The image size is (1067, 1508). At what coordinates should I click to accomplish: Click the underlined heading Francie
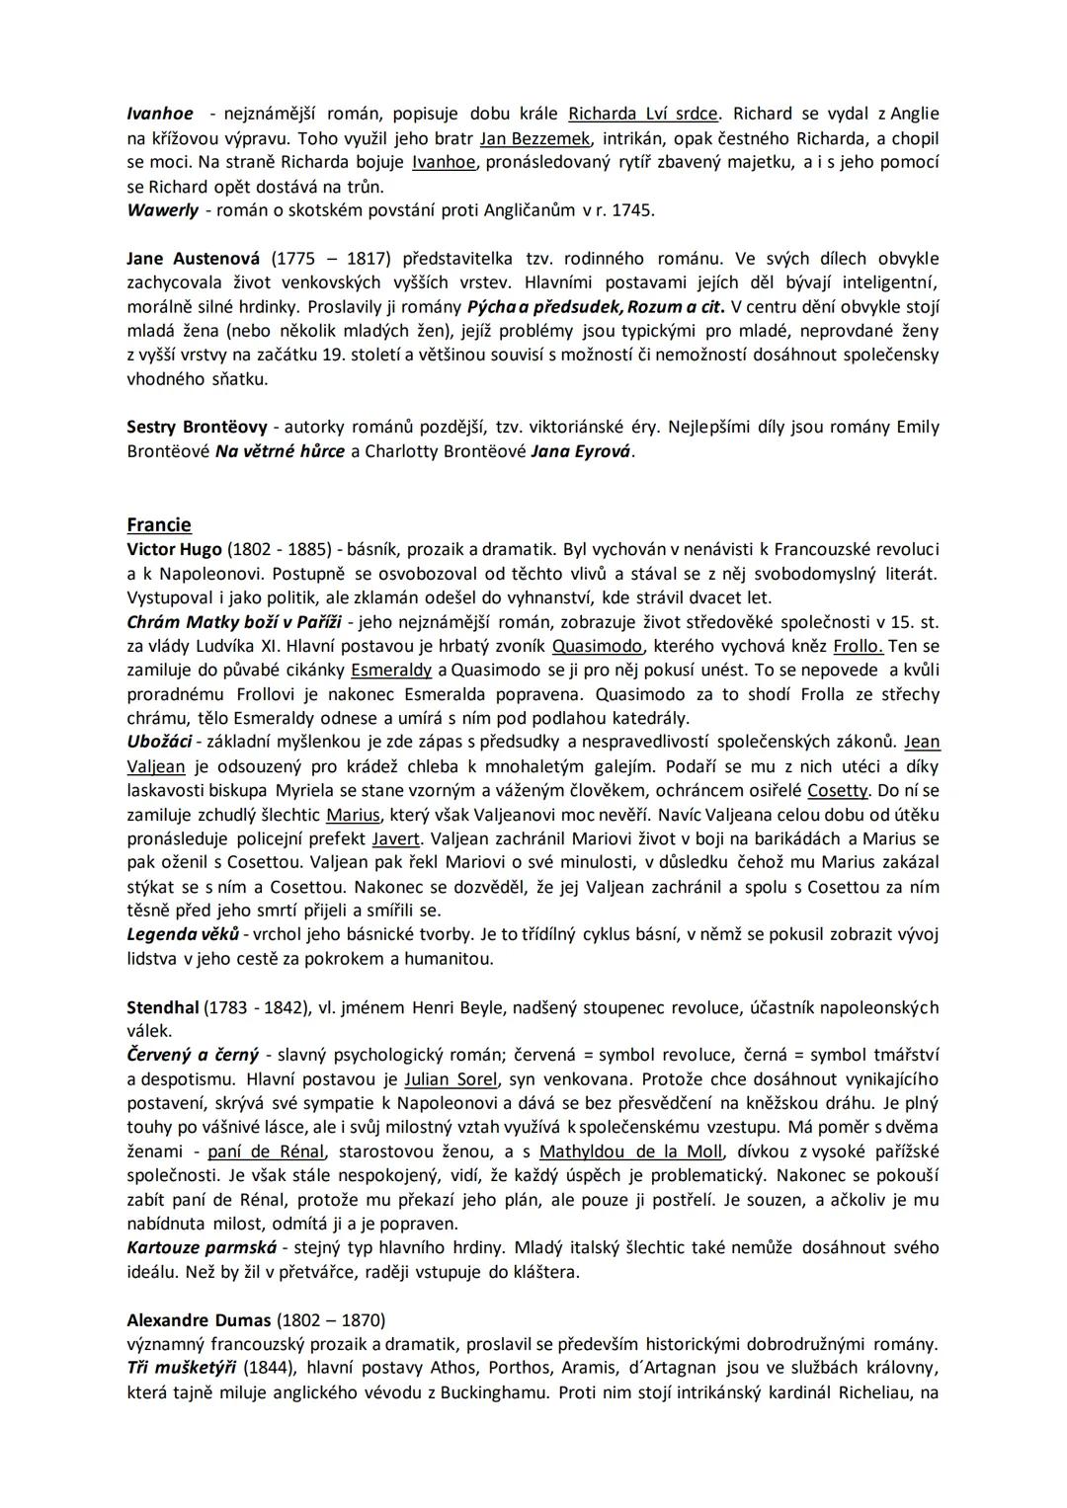point(159,524)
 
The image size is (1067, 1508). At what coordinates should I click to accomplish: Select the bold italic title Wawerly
point(162,210)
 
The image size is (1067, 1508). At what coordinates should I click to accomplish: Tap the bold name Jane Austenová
point(194,259)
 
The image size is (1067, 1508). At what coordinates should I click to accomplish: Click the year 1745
point(632,210)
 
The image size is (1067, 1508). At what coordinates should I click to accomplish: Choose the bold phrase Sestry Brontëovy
point(197,428)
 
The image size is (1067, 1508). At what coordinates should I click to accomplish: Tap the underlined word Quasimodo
point(598,646)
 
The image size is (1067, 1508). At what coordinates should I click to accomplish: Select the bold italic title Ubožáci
point(159,742)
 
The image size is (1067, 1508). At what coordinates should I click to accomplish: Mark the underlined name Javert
point(395,838)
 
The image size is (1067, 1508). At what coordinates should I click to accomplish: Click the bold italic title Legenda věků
point(183,934)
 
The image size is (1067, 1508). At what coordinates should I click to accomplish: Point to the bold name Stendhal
point(163,1008)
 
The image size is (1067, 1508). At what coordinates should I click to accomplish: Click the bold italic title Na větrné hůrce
point(280,451)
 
